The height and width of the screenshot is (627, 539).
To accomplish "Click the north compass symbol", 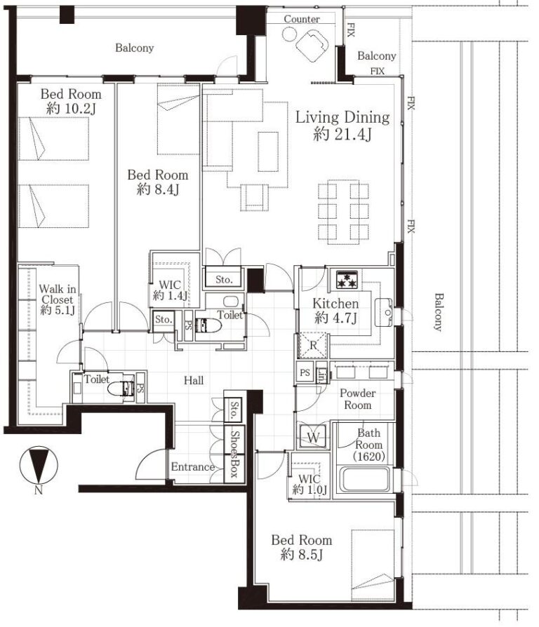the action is [x=39, y=465].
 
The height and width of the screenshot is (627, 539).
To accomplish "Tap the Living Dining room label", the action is [x=342, y=125].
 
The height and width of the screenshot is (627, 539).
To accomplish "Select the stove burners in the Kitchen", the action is [x=347, y=279].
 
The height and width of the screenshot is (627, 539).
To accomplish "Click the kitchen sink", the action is [x=384, y=312].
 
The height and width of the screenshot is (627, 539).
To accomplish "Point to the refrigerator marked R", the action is [x=313, y=345].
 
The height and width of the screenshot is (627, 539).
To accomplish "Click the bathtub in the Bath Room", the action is [x=364, y=479].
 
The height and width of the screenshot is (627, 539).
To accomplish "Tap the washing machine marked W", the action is [x=313, y=436].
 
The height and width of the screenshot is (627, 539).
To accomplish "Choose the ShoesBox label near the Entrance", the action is [x=234, y=454].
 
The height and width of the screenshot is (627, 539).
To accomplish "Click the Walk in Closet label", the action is [x=58, y=299].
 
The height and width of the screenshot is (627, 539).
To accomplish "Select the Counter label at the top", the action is [x=302, y=19].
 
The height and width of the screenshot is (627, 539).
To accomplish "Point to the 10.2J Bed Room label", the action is [x=71, y=101].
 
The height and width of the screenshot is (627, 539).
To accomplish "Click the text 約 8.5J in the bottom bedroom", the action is [x=302, y=555].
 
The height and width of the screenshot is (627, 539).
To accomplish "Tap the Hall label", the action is [x=194, y=380].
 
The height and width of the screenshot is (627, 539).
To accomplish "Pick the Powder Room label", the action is [x=358, y=399].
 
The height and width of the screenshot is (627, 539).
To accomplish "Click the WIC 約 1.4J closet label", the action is [x=170, y=290].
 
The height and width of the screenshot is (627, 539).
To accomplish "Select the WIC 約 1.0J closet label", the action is [x=310, y=484].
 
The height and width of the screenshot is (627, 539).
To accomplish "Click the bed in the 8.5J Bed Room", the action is [x=373, y=565].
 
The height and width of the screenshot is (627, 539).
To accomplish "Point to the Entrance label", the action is [x=193, y=466].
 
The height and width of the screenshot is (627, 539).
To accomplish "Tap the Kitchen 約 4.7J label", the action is [x=335, y=311].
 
